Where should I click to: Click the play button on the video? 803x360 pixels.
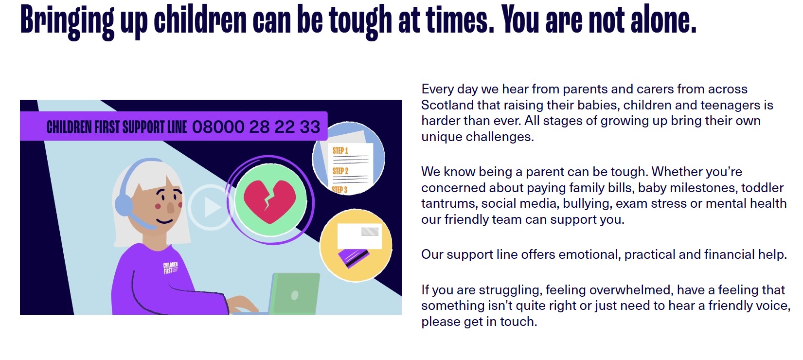[x=211, y=207]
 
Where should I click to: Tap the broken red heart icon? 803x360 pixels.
[x=270, y=201]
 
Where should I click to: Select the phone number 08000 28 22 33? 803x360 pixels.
[x=256, y=127]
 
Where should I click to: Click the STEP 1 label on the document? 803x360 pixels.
[x=340, y=151]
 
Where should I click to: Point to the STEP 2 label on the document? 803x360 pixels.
[x=340, y=171]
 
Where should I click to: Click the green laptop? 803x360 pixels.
[x=294, y=294]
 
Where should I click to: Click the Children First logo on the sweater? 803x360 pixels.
[x=171, y=268]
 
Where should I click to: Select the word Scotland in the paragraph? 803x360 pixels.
[x=447, y=105]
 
